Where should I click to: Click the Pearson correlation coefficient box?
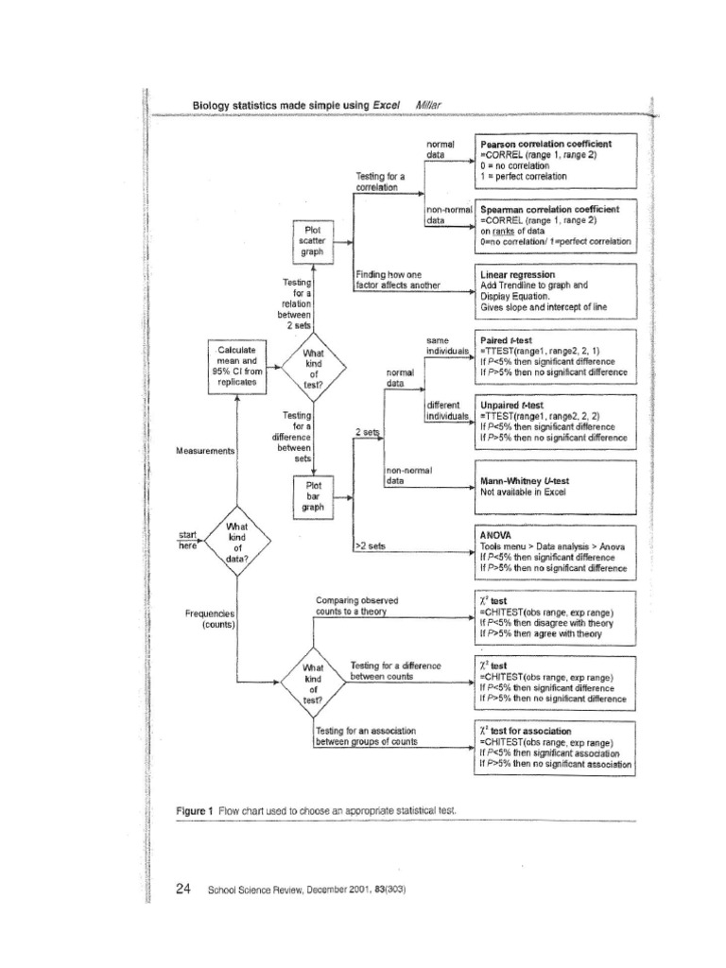[557, 160]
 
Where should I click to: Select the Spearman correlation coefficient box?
[557, 226]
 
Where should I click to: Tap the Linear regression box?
[557, 292]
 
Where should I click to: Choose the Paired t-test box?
[557, 356]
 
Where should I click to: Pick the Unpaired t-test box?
[557, 422]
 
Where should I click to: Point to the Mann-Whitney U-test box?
[557, 487]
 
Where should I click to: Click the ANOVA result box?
[557, 552]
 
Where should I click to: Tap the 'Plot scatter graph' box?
[313, 240]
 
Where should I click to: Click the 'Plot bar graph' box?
[313, 495]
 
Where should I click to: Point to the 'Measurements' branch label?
[205, 451]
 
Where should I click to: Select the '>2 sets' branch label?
[370, 546]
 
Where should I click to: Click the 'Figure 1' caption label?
[196, 811]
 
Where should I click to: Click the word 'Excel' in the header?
[389, 104]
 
